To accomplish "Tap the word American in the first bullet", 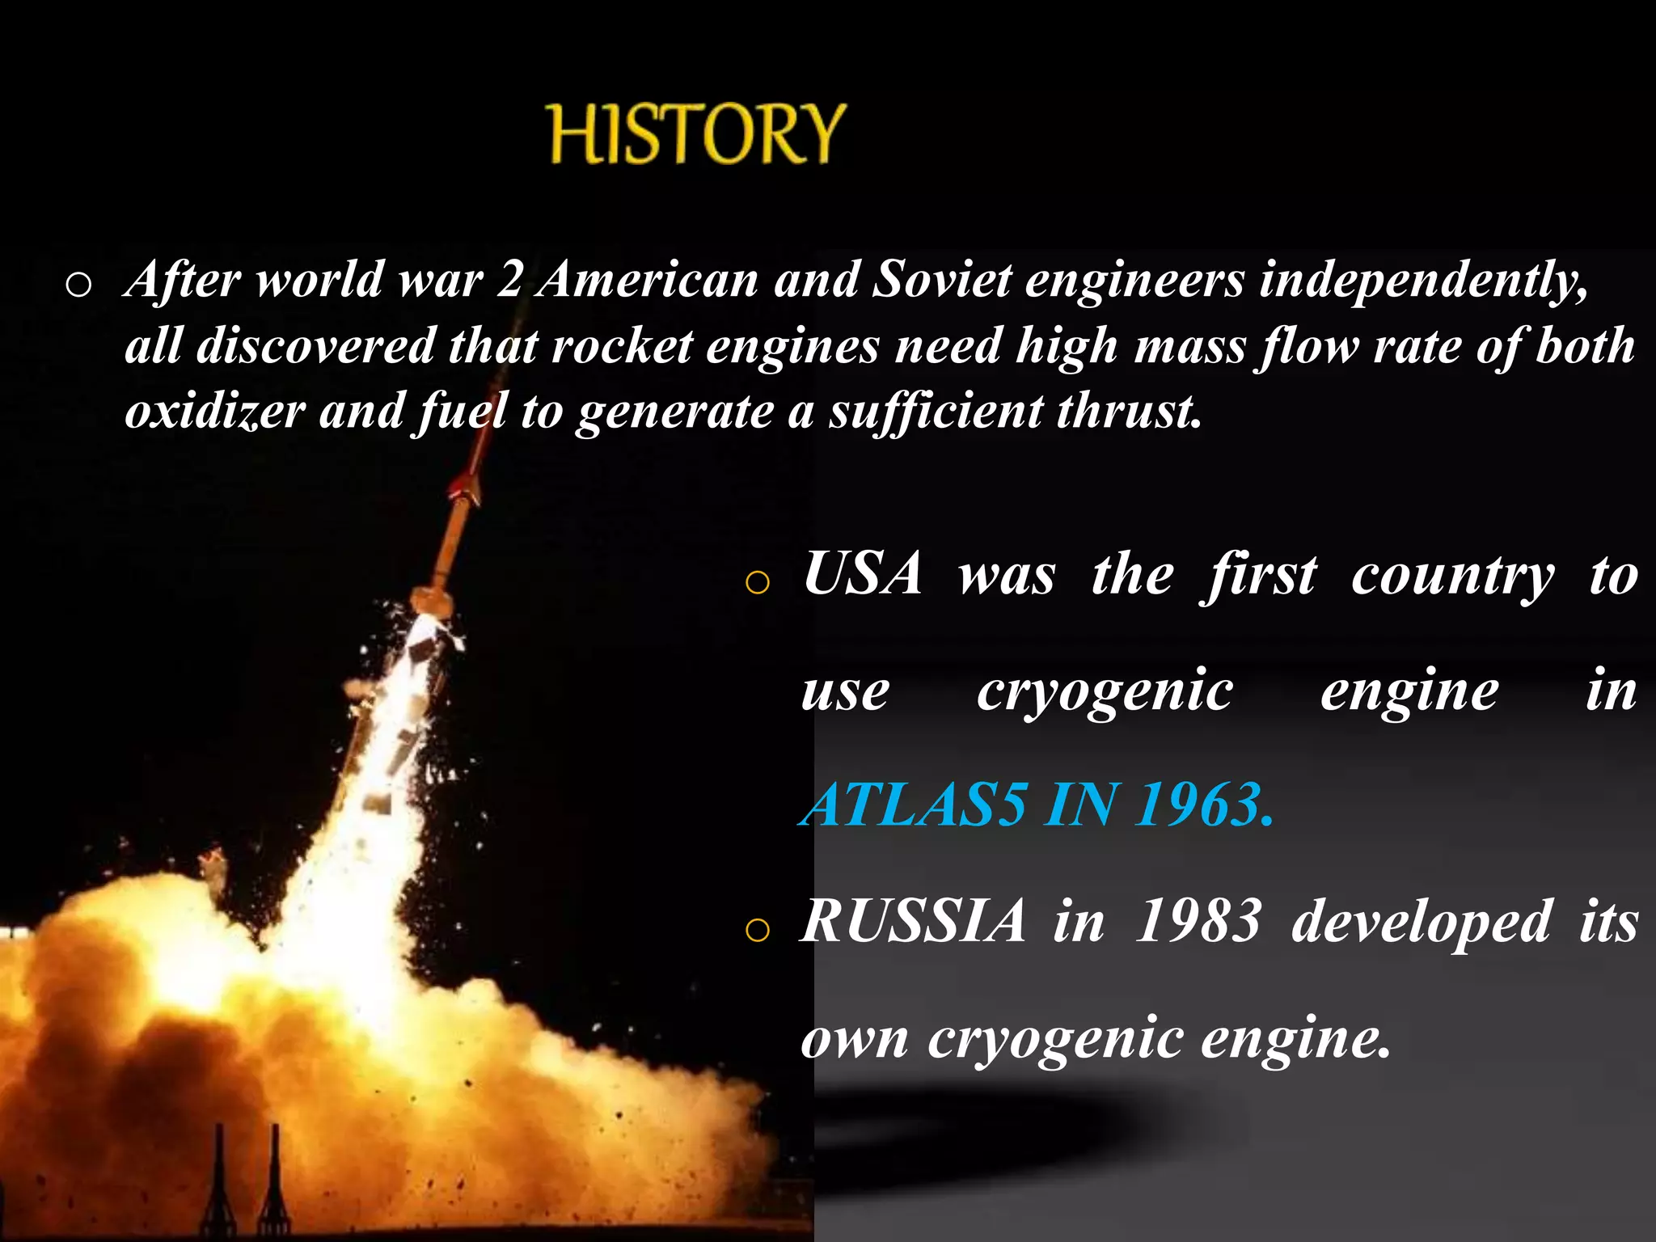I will (x=647, y=281).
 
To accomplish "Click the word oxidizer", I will (x=214, y=411).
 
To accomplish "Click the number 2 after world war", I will (x=509, y=281).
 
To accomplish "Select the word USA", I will (x=863, y=574).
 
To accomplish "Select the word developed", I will (x=1421, y=923).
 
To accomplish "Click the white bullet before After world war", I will (x=78, y=285).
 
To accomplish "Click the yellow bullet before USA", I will (x=757, y=582).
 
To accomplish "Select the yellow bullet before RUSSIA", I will (x=757, y=931).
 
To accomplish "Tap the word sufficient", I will (x=936, y=411).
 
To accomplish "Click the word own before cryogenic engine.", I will (x=855, y=1040).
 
